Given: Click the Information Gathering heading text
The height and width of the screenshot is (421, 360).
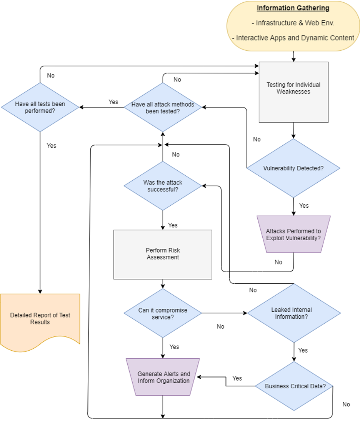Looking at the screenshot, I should coord(293,8).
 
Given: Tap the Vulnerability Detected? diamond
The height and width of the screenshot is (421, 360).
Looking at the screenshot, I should coord(293,168).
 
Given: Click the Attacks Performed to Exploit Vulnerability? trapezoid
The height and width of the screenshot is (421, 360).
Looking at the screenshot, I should coord(293,234).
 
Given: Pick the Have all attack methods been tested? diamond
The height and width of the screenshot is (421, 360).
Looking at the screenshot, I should coord(163,108).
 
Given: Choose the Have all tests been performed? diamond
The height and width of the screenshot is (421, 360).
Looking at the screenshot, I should coord(40,107).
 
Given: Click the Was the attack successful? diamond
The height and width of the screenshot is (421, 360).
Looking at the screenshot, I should coord(163,186).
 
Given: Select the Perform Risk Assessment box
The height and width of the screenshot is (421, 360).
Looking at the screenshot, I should coord(163,254).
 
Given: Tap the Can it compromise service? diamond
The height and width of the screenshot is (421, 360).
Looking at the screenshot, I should coord(163,313).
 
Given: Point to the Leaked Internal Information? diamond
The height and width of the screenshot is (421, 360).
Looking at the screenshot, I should coord(293,313).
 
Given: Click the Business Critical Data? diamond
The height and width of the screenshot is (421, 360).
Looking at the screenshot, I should coord(293,386).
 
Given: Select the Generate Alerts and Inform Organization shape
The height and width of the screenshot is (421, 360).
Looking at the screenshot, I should coord(163,377).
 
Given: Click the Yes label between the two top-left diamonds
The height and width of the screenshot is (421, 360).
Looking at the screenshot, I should coord(113,102).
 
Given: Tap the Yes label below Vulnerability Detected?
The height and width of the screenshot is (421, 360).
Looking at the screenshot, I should coord(304,205).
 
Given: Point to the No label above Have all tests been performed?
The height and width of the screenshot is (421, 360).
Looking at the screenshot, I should coord(51,75).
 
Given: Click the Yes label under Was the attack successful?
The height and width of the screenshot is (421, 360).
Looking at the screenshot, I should coord(173,225).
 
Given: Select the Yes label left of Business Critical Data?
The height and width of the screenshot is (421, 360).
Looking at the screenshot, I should coord(237,378).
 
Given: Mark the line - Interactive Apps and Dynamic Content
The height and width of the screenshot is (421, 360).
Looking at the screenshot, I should coord(293,38).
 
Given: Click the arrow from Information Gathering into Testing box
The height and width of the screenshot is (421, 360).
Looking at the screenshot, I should coord(293,57).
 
